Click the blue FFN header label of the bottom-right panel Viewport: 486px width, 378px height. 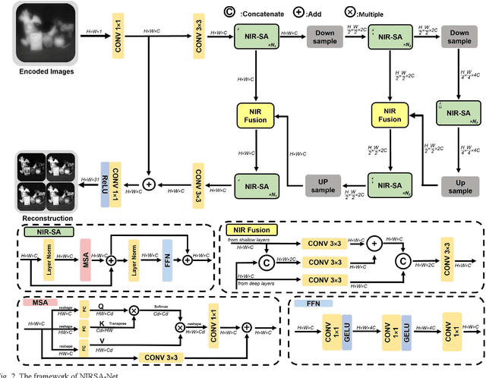coord(314,301)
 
